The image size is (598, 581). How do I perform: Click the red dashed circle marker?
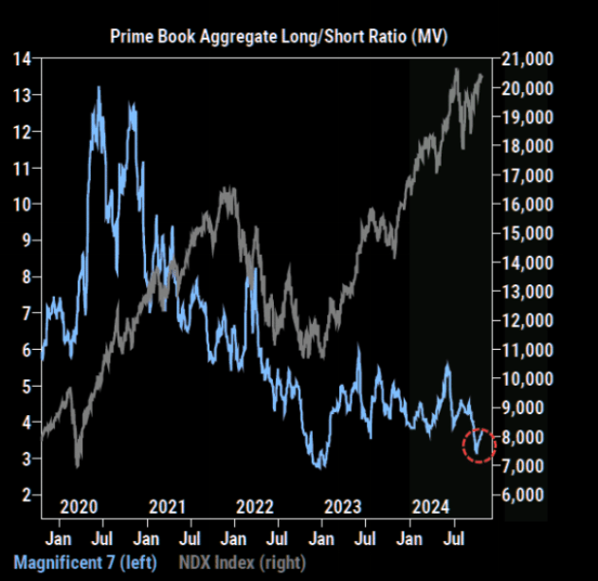coord(479,443)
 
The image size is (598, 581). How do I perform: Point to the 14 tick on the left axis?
coord(23,59)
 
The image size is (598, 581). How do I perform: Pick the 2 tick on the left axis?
coord(27,495)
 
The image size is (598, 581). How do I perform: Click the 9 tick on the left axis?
coord(27,241)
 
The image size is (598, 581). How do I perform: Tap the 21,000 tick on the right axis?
coord(527,59)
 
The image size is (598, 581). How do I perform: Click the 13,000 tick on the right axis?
coord(527,291)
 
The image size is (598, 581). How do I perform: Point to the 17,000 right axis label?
coord(527,175)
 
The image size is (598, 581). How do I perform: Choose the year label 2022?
coord(255,506)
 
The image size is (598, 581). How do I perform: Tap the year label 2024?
coord(430,506)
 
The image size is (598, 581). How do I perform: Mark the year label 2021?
coord(168,506)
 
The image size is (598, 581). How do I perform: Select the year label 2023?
coord(342,506)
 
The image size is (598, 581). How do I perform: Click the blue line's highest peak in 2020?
coord(99,88)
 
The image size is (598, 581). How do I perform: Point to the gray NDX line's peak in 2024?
coord(457,69)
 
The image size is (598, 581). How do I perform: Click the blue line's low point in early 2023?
coord(320,466)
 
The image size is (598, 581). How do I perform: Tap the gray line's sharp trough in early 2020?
coord(77,465)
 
